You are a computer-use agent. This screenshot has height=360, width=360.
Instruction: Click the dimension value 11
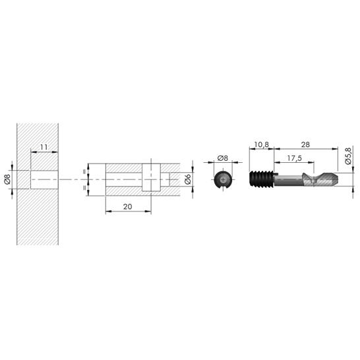(x=44, y=147)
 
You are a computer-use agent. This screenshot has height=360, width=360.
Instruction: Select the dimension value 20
(x=128, y=206)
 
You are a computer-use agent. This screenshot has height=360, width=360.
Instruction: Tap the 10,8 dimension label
(x=262, y=144)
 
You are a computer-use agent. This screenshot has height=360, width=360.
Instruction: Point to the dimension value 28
(x=305, y=144)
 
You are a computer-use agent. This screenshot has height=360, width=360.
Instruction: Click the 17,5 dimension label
(x=294, y=158)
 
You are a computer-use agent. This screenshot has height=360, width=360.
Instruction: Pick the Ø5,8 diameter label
(x=348, y=156)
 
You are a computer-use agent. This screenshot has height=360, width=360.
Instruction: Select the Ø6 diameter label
(x=188, y=179)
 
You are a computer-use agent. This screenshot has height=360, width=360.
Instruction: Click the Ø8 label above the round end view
(x=222, y=158)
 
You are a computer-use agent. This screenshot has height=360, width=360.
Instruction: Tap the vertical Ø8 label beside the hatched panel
(x=7, y=179)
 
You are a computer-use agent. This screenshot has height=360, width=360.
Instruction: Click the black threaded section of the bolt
(x=262, y=179)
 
